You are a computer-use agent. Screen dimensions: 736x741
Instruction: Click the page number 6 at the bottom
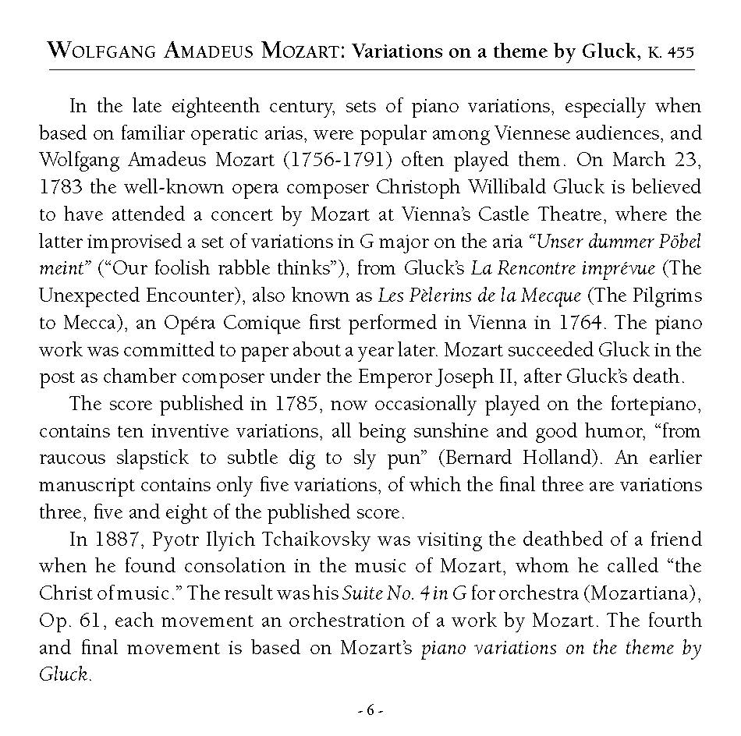[370, 710]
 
